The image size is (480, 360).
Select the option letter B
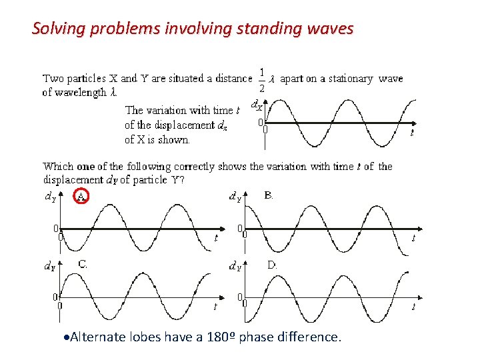[268, 195]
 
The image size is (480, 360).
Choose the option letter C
[82, 264]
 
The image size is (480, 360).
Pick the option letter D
[272, 265]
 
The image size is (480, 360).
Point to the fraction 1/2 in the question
[262, 80]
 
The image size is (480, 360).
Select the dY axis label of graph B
[235, 197]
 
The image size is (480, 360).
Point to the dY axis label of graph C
[49, 266]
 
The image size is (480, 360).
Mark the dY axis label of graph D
[235, 267]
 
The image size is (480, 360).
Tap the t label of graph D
[413, 307]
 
